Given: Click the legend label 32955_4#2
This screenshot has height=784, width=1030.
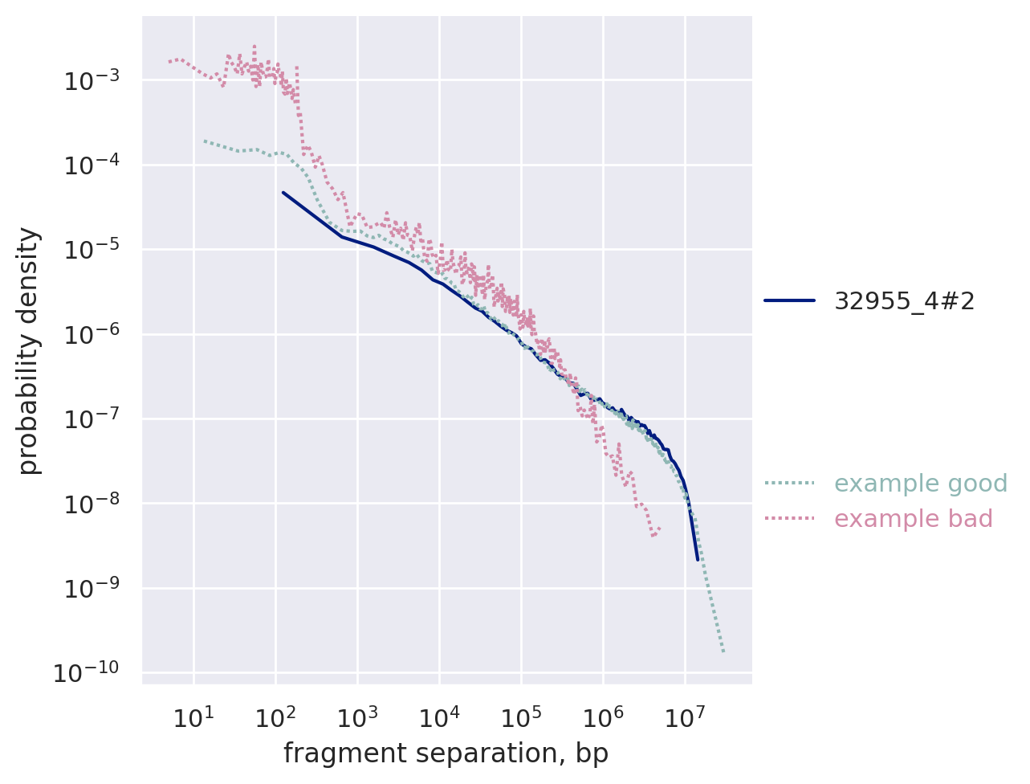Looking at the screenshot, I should click(x=905, y=301).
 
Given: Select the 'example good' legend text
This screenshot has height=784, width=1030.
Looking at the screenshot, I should click(x=921, y=484).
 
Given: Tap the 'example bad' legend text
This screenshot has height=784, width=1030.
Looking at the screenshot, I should click(x=914, y=519).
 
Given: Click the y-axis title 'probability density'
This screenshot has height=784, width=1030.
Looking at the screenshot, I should click(x=29, y=350).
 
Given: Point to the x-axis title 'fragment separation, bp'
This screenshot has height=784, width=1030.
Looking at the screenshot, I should click(x=446, y=753).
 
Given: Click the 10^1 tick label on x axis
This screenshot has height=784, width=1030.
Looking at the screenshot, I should click(x=193, y=716).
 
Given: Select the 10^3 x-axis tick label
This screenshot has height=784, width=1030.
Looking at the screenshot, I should click(x=356, y=716).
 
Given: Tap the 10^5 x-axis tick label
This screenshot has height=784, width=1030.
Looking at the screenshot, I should click(x=520, y=716).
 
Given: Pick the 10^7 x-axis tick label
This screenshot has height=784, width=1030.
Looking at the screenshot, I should click(x=684, y=716).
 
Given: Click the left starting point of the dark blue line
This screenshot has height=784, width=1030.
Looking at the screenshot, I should click(x=283, y=192).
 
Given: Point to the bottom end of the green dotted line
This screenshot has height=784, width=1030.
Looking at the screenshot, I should click(x=723, y=651).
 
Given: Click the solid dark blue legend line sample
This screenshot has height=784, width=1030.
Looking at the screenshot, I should click(x=789, y=301).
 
